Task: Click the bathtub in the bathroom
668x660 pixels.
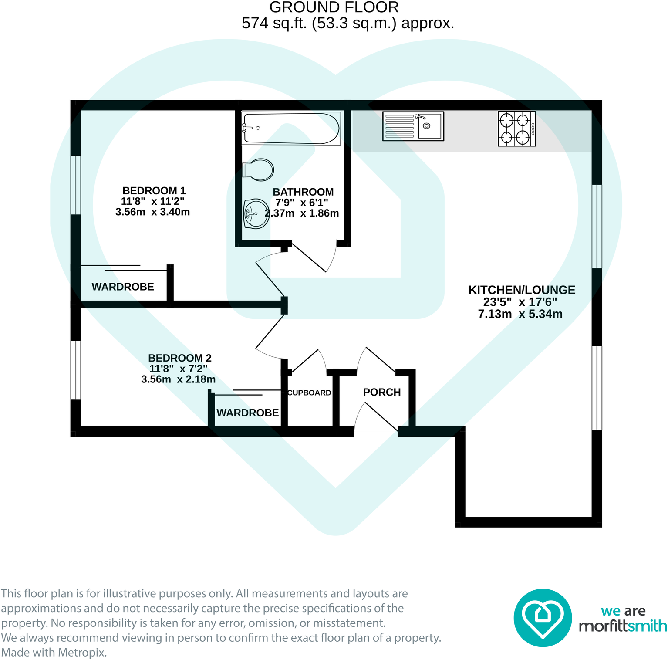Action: coord(291,128)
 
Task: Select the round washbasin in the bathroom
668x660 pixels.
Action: coord(256,214)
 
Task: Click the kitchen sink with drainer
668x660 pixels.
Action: coord(413,126)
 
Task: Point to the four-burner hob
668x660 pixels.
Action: coord(516,129)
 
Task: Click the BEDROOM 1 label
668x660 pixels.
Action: coord(154,191)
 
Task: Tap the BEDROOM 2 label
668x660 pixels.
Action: coord(179,358)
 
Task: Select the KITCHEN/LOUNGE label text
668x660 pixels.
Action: coord(522,290)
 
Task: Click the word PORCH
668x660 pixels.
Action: coord(382,392)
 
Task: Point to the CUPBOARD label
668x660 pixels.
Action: coord(309,393)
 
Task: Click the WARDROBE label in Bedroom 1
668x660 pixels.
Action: coord(123,287)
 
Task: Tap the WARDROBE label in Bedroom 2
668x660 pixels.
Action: coord(247,413)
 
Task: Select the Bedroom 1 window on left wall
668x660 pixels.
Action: coord(76,185)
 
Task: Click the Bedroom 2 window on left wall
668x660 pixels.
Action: coord(76,370)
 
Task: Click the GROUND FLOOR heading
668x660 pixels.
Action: coord(334,7)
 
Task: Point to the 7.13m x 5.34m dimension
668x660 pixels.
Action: coord(520,314)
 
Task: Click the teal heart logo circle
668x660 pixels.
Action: coord(543,618)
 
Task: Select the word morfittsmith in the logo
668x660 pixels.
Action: coord(622,626)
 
